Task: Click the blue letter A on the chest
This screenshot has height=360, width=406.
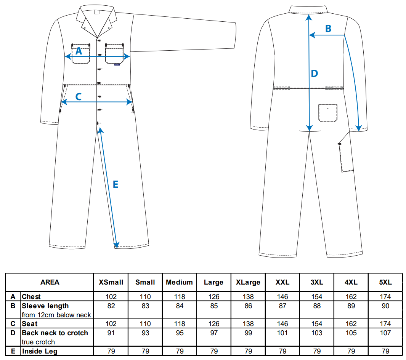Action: [79, 51]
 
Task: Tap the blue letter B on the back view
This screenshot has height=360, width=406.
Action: [328, 29]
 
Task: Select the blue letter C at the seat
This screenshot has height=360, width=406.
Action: [78, 97]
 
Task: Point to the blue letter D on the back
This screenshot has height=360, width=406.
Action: [315, 74]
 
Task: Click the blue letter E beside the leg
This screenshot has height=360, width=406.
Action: [116, 184]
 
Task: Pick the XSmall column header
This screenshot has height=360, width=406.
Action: [111, 282]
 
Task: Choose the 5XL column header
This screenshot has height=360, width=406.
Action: [385, 282]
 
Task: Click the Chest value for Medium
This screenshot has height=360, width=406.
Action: [180, 297]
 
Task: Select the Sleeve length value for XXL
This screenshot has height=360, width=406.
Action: [282, 306]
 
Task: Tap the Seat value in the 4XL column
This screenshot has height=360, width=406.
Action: [351, 324]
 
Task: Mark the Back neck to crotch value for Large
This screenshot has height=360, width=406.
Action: [214, 333]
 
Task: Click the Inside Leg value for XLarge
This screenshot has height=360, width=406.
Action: [248, 351]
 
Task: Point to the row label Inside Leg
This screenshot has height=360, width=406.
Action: [40, 351]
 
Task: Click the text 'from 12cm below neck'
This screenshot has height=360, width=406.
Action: [56, 315]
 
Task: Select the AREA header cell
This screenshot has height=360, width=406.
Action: [50, 282]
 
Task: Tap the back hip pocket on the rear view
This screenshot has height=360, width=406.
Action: [328, 113]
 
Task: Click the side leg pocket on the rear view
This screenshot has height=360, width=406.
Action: [346, 157]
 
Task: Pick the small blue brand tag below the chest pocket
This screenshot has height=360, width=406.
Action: [117, 64]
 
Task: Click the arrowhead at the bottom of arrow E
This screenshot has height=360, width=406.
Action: [117, 245]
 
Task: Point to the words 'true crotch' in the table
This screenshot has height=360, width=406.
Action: [39, 342]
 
